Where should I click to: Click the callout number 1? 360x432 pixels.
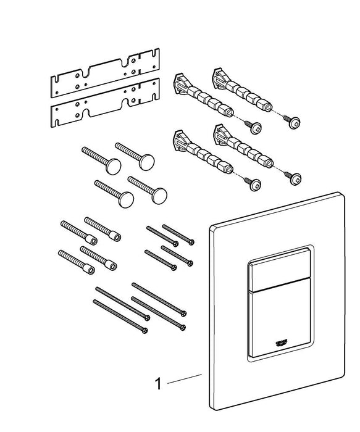[x=158, y=384]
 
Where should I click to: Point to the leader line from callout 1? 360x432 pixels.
[x=186, y=378]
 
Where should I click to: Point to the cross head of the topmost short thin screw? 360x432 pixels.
[x=191, y=241]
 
